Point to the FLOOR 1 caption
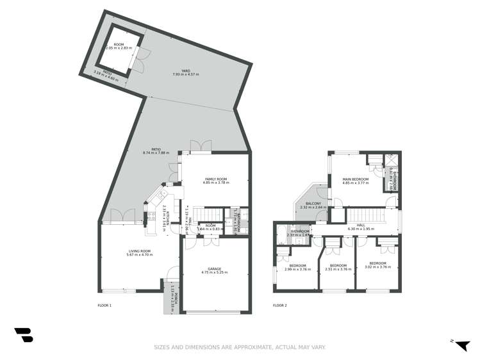tap(104, 306)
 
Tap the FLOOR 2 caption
tap(279, 306)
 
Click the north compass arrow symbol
tap(460, 345)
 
